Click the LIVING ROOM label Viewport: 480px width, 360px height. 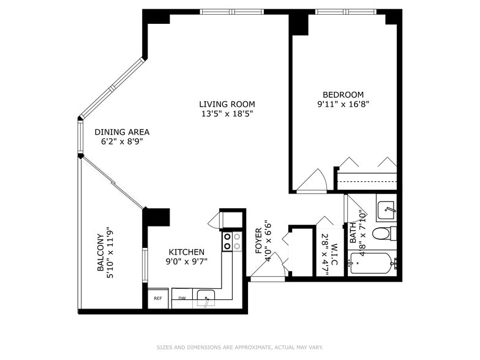pyautogui.click(x=227, y=104)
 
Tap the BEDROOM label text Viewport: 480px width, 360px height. pyautogui.click(x=343, y=94)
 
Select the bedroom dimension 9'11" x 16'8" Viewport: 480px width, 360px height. pyautogui.click(x=343, y=104)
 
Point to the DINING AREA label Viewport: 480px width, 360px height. pyautogui.click(x=121, y=132)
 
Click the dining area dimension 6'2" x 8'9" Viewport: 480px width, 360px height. pyautogui.click(x=121, y=141)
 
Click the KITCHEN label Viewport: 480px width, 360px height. pyautogui.click(x=186, y=252)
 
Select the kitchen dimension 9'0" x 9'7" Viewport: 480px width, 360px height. pyautogui.click(x=186, y=261)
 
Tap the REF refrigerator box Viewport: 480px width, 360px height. pyautogui.click(x=157, y=298)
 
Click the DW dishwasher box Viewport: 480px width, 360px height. pyautogui.click(x=182, y=298)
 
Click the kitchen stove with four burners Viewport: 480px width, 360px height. pyautogui.click(x=231, y=241)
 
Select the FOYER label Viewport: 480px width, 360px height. pyautogui.click(x=258, y=241)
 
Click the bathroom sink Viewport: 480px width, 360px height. pyautogui.click(x=386, y=211)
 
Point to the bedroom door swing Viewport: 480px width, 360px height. pyautogui.click(x=313, y=181)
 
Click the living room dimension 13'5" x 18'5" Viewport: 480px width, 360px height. pyautogui.click(x=227, y=114)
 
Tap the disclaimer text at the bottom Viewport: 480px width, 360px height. pyautogui.click(x=239, y=347)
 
